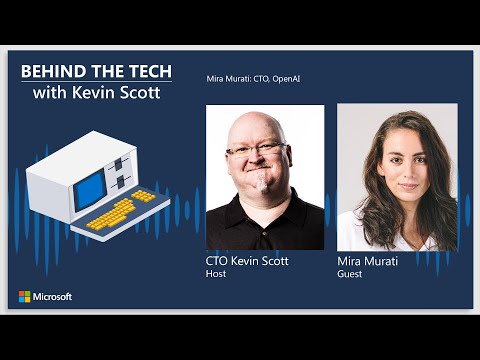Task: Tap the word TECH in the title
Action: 147,72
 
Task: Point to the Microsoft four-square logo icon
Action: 25,297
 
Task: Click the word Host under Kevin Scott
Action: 215,273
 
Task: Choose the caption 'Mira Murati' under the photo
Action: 368,261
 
